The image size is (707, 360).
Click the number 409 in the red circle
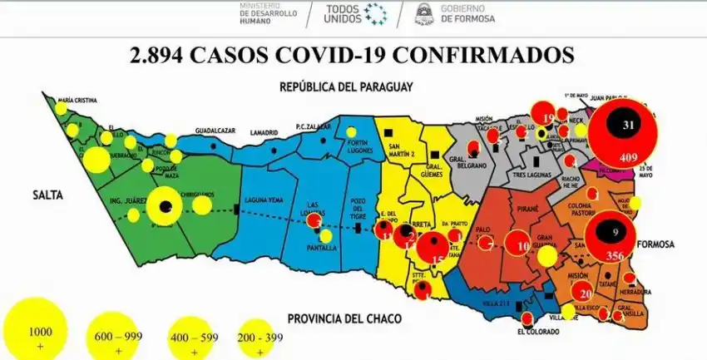(629, 156)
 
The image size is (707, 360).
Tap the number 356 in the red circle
(616, 254)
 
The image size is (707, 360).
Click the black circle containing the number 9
(614, 232)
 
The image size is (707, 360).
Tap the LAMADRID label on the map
(263, 132)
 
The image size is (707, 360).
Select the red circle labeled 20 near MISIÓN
(585, 293)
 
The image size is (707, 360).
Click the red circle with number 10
(522, 245)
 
